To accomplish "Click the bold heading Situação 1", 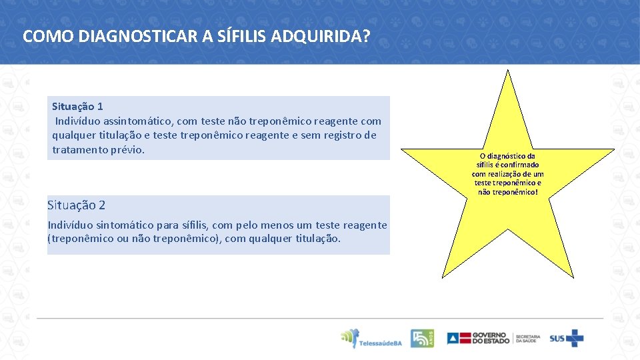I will (x=77, y=107).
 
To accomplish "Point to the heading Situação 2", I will (x=76, y=205).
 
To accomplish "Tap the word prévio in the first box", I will (x=127, y=150).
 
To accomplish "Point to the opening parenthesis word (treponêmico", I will (x=80, y=239).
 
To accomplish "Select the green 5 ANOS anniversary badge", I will (x=422, y=338).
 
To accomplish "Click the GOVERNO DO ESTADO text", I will (x=490, y=338).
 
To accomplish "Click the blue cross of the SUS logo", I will (x=574, y=338).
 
